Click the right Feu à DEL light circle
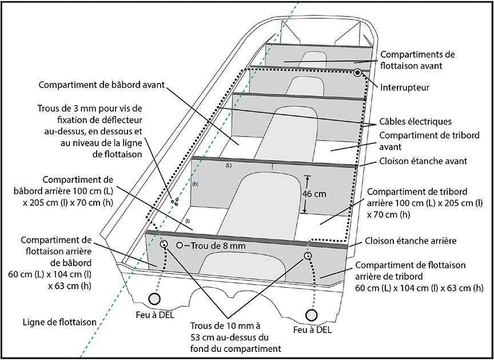[312, 314]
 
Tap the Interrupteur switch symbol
[357, 73]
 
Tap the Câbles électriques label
[416, 122]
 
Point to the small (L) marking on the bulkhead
[229, 165]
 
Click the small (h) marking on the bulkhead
[195, 184]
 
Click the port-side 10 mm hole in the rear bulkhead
[164, 245]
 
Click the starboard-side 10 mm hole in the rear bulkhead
[308, 255]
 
